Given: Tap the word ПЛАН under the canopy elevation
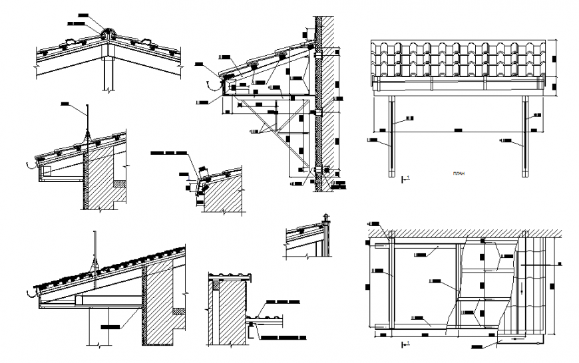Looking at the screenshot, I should [x=457, y=175].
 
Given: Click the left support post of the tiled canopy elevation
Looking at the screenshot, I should [x=392, y=136].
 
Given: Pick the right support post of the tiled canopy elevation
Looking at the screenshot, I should [x=526, y=136].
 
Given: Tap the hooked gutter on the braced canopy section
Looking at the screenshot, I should [x=215, y=84].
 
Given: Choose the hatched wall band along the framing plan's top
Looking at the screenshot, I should [x=466, y=233].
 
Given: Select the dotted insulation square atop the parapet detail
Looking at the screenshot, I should [x=215, y=285].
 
